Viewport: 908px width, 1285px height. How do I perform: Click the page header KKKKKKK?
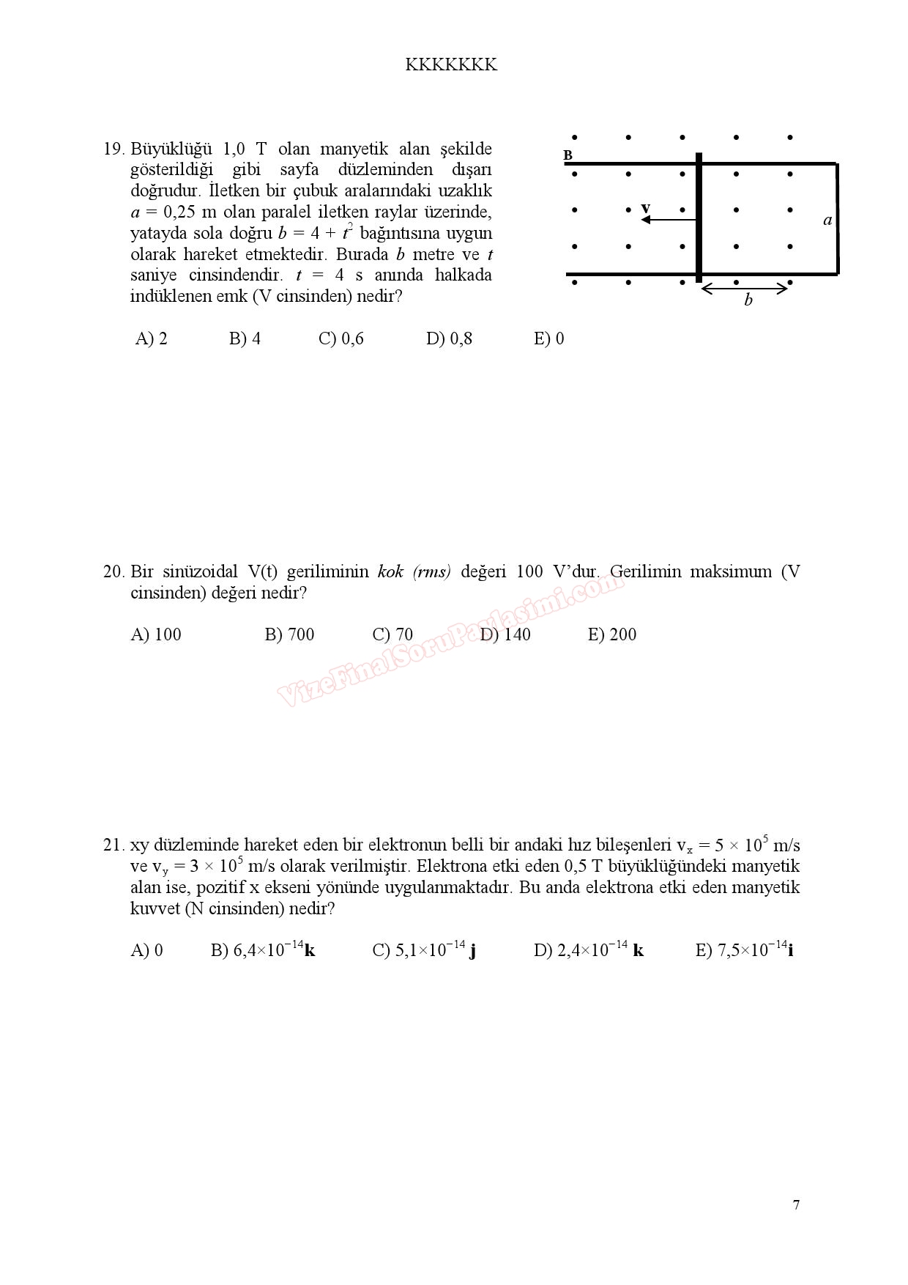coord(451,65)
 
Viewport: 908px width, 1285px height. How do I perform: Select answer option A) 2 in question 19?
coord(152,338)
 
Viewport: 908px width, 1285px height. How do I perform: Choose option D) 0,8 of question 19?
coord(449,338)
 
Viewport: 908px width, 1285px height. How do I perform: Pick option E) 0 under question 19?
coord(548,338)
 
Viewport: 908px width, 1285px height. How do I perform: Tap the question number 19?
coord(113,149)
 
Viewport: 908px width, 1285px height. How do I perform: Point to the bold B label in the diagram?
coord(567,155)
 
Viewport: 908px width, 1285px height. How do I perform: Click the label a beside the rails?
coord(827,220)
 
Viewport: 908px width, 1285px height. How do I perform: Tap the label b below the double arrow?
coord(748,300)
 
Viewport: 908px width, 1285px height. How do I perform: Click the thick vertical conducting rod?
coord(699,218)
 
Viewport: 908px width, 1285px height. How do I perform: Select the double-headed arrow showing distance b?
coord(744,289)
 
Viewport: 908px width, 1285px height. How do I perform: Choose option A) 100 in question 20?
coord(156,634)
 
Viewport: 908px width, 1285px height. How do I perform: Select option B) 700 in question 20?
coord(289,634)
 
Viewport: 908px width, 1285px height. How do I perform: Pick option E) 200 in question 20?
coord(612,634)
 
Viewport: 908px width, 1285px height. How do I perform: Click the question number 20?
coord(113,572)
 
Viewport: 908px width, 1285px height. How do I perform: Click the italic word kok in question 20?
coord(390,572)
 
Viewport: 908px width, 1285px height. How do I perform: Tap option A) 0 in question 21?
coord(146,951)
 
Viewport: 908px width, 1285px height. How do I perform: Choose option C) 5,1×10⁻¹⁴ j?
coord(424,951)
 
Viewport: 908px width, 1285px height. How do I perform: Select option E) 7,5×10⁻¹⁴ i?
coord(744,951)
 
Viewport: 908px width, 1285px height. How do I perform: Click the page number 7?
coord(796,1205)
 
